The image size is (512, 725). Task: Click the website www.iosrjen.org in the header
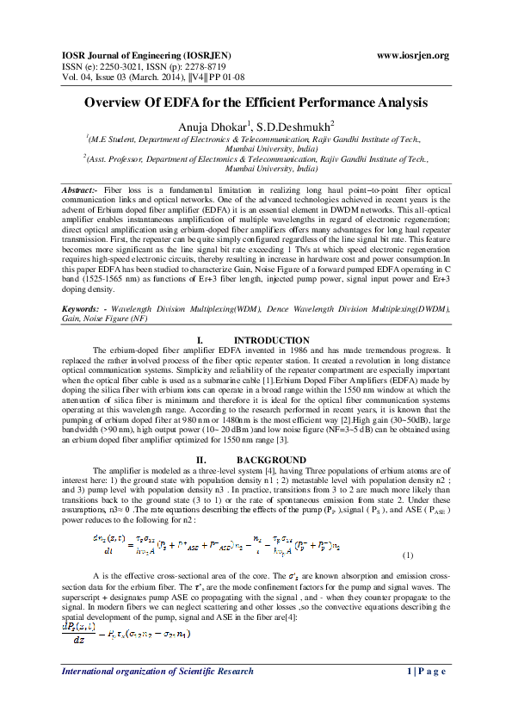(x=413, y=56)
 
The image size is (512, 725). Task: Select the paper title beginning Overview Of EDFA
(x=256, y=102)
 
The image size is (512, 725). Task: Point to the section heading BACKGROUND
(x=271, y=459)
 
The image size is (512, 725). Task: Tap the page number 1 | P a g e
(x=423, y=695)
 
